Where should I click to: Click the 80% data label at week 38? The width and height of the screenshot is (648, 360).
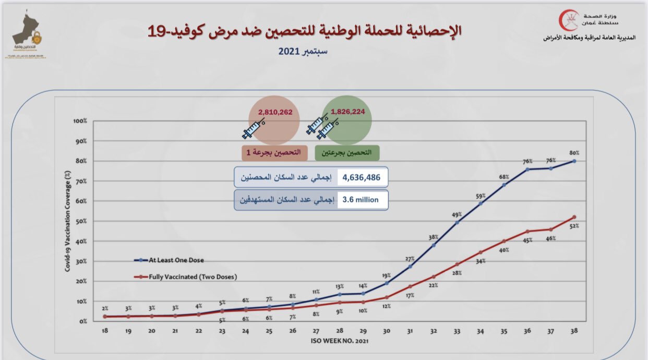(x=574, y=153)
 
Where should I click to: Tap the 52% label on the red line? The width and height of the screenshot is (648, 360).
(x=574, y=226)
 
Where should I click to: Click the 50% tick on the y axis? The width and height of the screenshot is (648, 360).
(x=81, y=221)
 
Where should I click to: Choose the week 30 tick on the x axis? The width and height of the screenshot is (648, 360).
(x=387, y=331)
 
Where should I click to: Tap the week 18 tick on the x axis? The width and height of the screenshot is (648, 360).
(x=105, y=331)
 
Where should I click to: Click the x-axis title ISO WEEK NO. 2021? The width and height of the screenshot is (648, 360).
(x=340, y=341)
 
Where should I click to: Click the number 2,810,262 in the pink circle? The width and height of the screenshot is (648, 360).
(x=275, y=112)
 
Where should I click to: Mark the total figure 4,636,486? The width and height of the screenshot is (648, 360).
(x=362, y=178)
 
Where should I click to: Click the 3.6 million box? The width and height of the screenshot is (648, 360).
(x=361, y=200)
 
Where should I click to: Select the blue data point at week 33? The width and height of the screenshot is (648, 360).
(x=457, y=223)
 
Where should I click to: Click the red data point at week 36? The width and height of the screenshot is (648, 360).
(x=527, y=231)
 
